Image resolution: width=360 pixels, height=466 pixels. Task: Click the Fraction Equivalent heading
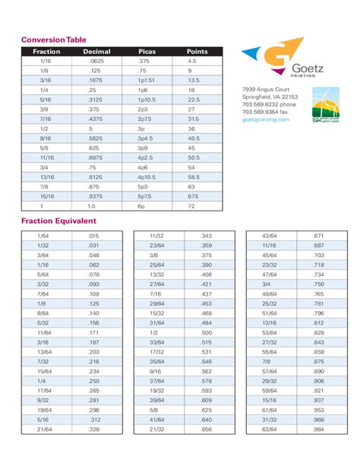[58, 221]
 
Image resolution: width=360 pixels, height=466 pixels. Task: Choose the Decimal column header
[96, 52]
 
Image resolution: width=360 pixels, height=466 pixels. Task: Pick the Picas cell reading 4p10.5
[147, 176]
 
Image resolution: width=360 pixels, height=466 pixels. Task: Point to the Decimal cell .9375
[96, 195]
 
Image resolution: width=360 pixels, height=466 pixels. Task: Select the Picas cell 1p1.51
[147, 80]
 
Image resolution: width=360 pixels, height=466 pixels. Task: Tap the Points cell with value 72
[191, 205]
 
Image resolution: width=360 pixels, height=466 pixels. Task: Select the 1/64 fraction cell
[43, 236]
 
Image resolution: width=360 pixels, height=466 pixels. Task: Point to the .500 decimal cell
[206, 333]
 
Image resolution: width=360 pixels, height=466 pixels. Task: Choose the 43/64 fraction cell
[269, 236]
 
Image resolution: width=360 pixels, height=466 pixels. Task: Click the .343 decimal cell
[206, 236]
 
